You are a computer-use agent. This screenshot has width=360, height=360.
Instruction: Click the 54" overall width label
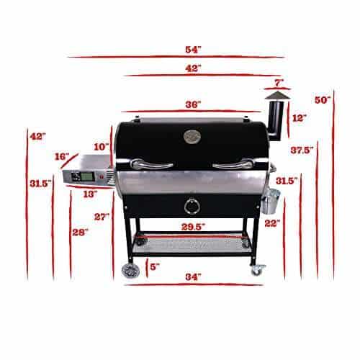pos(193,50)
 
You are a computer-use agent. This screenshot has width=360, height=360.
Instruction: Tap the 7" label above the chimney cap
pos(279,83)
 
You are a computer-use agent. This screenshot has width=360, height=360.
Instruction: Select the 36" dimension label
pos(193,104)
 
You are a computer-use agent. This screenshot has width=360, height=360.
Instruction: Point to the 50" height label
pos(323,100)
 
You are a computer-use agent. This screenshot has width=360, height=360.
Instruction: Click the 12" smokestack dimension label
pos(300,118)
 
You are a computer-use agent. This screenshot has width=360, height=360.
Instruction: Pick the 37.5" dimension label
pos(302,150)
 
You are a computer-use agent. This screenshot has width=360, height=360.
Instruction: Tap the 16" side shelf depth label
pos(62,156)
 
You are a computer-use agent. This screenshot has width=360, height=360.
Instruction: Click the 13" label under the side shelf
pos(90,194)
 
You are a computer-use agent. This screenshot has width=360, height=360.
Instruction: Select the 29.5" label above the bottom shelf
pos(193,227)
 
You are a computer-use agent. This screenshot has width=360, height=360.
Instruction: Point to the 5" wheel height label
pos(155,266)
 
